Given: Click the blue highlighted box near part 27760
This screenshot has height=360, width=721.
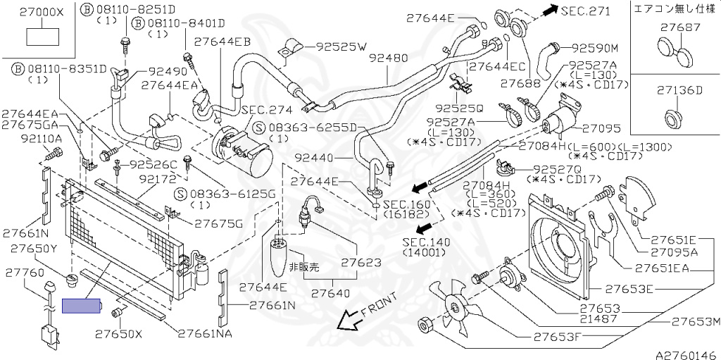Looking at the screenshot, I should [x=82, y=306].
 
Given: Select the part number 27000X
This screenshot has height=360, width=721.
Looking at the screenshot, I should [x=42, y=13].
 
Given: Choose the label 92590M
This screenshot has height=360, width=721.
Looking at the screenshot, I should [x=594, y=49].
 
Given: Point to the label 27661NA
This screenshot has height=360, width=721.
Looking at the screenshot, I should [x=204, y=333].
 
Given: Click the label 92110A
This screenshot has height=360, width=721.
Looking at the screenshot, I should [x=42, y=139].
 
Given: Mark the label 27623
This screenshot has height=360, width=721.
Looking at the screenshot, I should [x=361, y=263].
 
